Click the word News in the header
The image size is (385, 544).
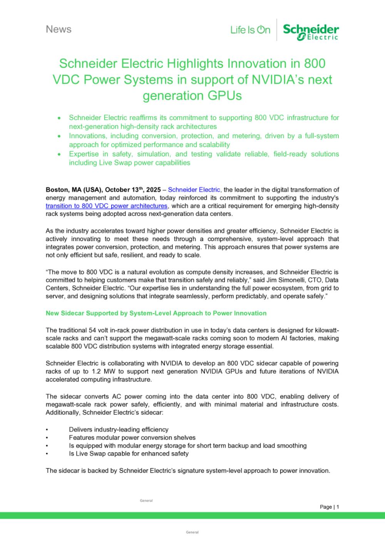click(59, 29)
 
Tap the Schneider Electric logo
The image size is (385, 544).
click(311, 31)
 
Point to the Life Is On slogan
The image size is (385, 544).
click(250, 30)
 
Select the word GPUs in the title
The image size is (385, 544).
click(225, 95)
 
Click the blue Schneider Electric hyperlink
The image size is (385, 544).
click(194, 189)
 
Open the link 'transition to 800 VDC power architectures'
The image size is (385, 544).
click(106, 206)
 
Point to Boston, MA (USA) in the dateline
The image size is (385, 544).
click(73, 189)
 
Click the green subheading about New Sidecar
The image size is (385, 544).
click(156, 313)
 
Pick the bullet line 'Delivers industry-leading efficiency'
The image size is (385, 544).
click(119, 429)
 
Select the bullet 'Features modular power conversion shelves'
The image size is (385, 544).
click(132, 437)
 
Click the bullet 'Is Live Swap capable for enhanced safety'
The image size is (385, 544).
click(129, 454)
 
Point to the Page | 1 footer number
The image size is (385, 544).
click(329, 507)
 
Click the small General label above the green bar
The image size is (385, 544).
click(146, 500)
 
